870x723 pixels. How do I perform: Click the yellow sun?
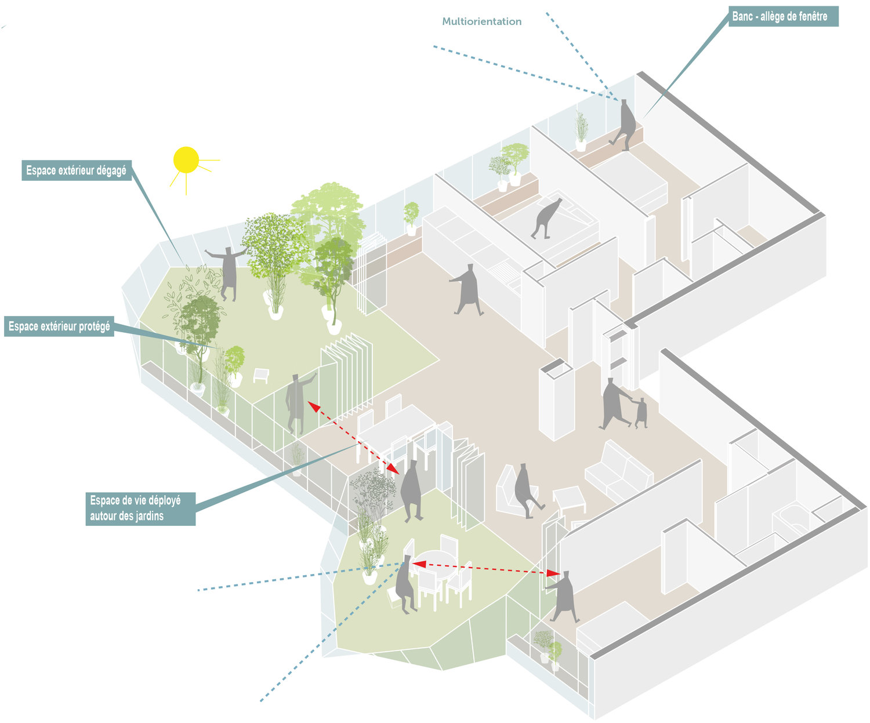[186, 160]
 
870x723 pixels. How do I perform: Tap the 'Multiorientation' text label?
[481, 21]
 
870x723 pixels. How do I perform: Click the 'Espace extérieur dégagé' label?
[76, 171]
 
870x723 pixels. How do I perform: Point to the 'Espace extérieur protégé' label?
[59, 327]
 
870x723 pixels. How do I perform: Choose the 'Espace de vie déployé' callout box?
[141, 508]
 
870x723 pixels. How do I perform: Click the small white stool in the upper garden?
[261, 376]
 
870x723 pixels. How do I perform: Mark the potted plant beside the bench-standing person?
[581, 130]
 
